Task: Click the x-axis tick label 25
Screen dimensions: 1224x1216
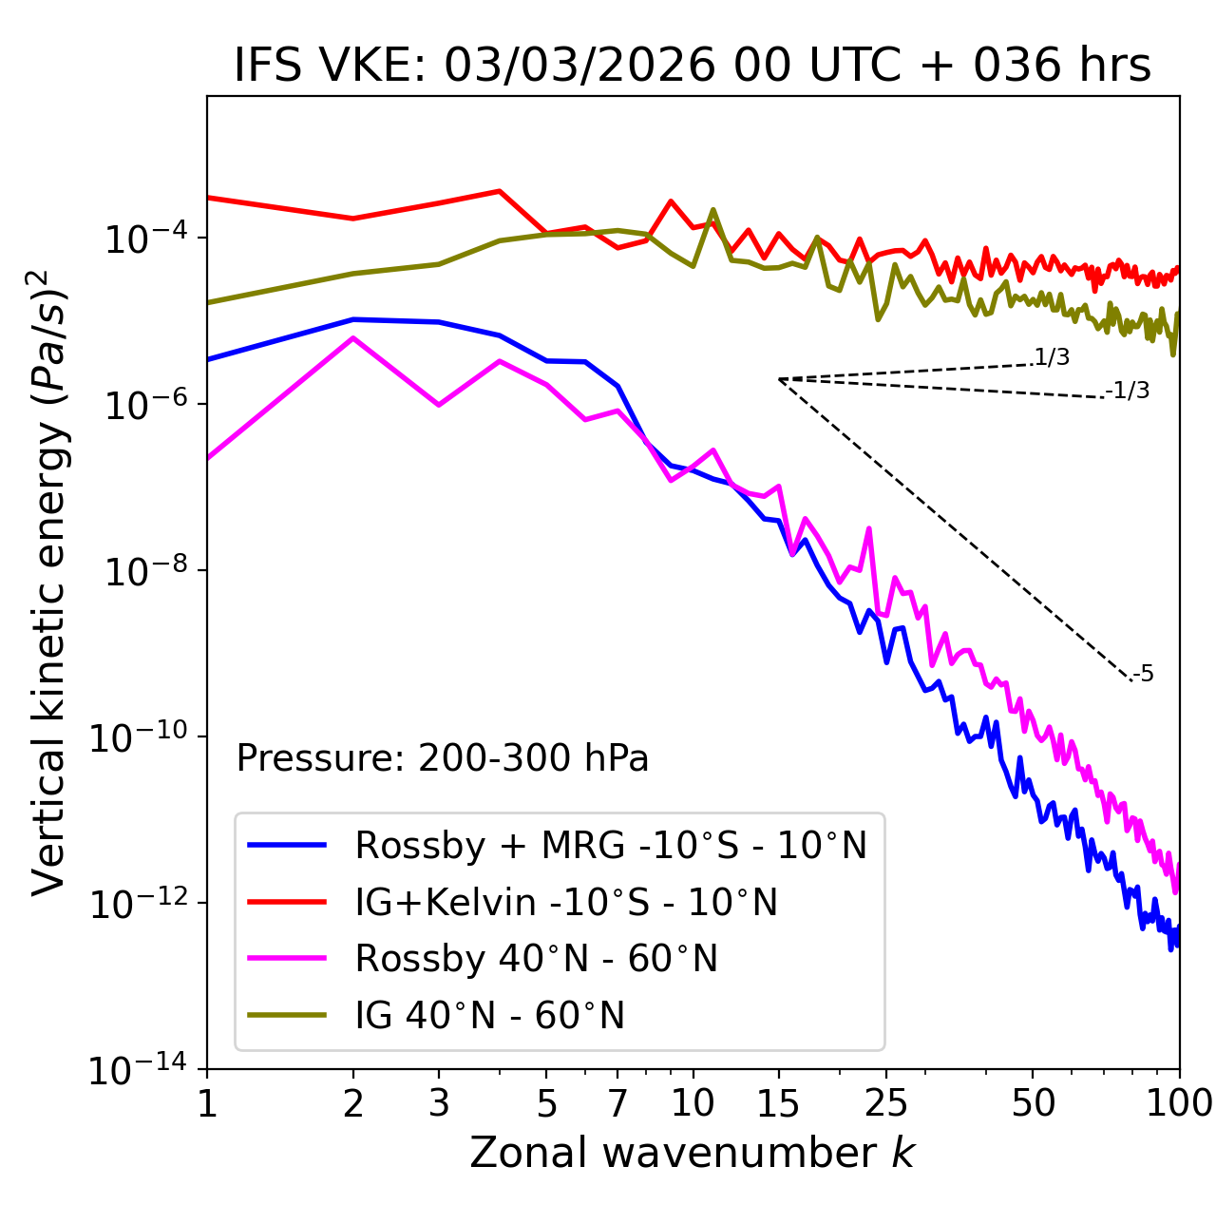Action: pos(885,1103)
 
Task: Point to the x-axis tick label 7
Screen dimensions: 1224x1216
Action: pos(617,1103)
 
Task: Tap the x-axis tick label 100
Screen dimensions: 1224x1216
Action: pos(1179,1103)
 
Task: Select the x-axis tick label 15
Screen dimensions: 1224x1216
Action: pos(778,1103)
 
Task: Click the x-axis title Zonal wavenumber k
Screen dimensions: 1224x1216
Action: pos(692,1153)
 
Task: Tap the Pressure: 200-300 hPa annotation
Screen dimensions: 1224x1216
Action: pos(443,758)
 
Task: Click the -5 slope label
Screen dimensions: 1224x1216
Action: pos(1143,675)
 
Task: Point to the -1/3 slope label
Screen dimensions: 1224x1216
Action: pos(1129,391)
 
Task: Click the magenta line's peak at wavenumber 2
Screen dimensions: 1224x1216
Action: pos(353,338)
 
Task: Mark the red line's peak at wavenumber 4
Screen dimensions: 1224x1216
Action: pos(500,191)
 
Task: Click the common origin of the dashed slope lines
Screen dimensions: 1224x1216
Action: pos(779,379)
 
